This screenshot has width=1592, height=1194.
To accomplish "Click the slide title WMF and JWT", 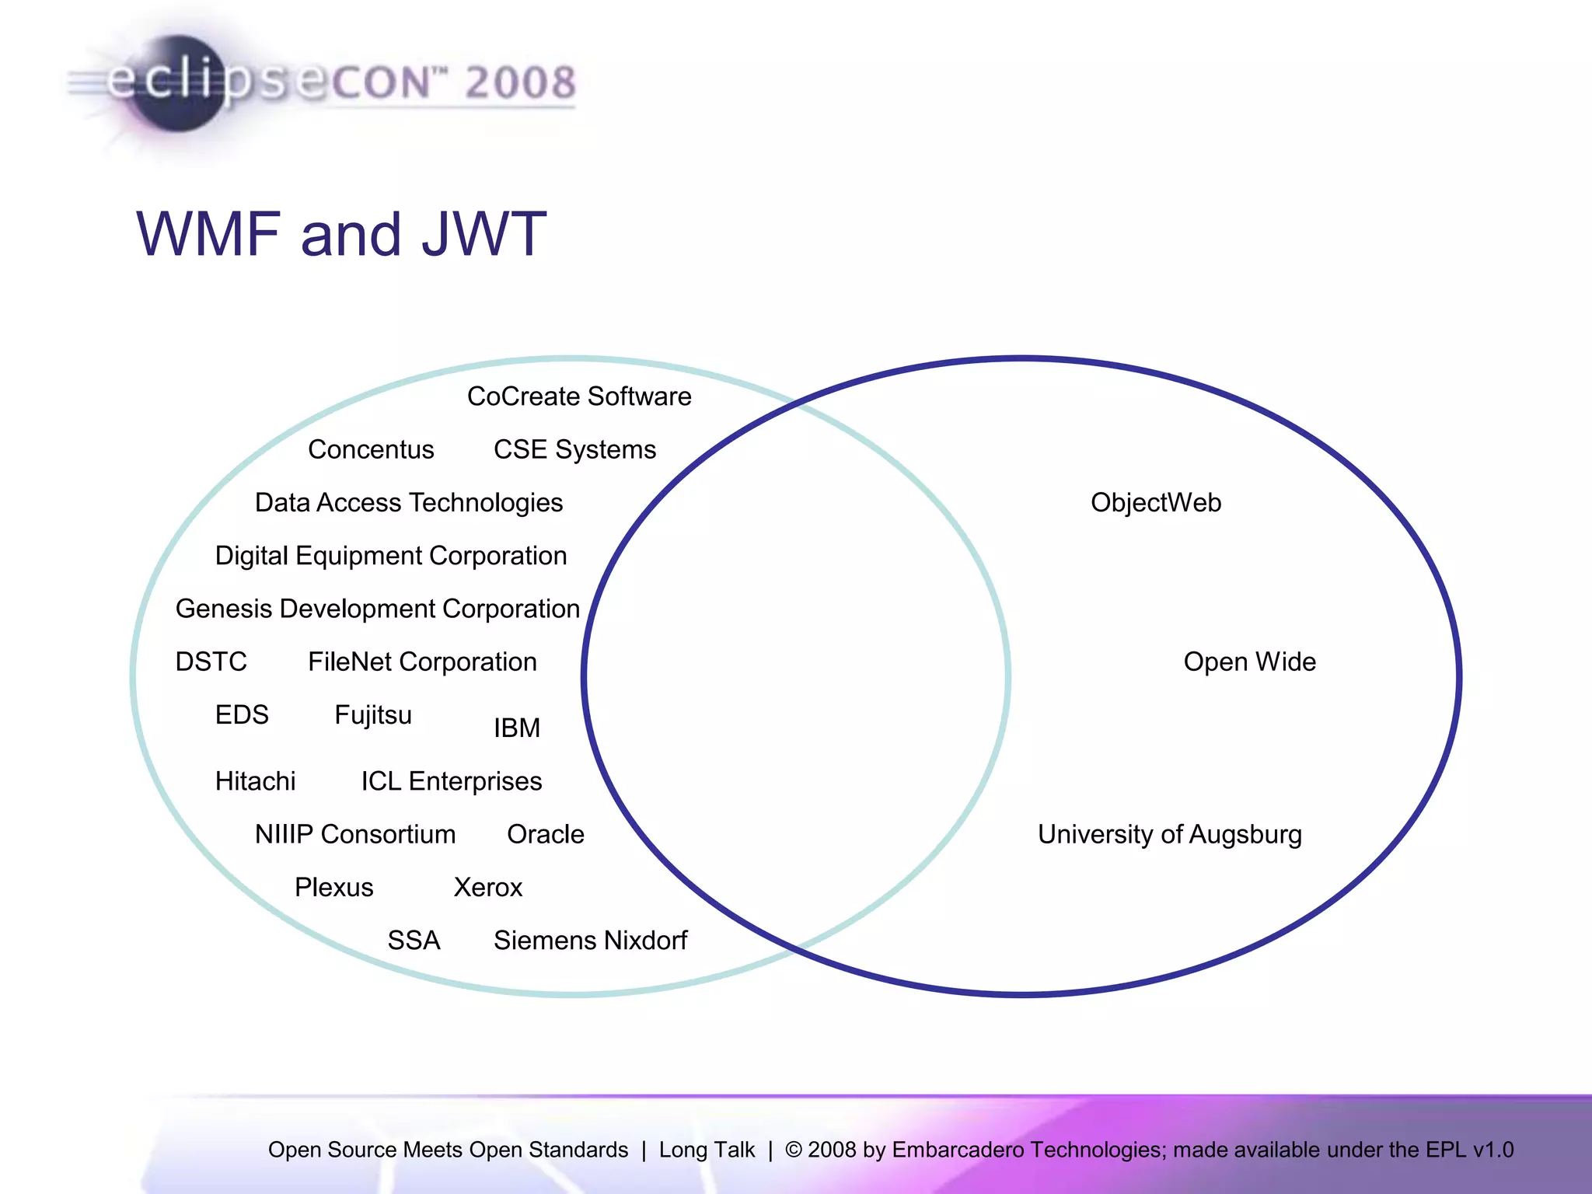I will coord(341,234).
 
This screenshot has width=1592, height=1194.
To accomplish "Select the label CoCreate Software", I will coord(579,396).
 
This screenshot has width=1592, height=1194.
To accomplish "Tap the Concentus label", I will coord(371,449).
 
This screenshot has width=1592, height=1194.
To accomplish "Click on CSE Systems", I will coord(574,449).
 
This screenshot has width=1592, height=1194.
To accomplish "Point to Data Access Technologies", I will coord(409,503).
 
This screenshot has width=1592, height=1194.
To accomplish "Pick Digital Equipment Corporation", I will coord(391,556).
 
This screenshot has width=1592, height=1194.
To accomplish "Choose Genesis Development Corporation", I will coord(378,609).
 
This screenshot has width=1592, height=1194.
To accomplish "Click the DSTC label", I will coord(211,662).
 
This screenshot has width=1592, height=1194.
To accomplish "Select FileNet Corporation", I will coord(422,662).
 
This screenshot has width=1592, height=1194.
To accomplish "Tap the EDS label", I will coord(242,714).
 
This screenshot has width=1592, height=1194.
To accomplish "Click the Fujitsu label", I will coord(373,715).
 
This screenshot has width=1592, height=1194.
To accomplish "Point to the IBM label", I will coord(517,728).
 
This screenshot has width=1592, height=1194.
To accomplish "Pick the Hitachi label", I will coord(255,781).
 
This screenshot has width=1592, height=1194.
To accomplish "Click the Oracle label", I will coord(546,834).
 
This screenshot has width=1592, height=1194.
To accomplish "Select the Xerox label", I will coord(488,887).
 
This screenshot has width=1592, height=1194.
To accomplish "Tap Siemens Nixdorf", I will coord(591,941).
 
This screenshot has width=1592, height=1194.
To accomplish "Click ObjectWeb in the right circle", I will coord(1156,503).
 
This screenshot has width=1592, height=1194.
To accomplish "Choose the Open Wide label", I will coord(1249,662).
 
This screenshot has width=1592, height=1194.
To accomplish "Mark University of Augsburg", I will coord(1170,834).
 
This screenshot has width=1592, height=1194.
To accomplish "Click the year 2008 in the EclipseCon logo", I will coord(521,82).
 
